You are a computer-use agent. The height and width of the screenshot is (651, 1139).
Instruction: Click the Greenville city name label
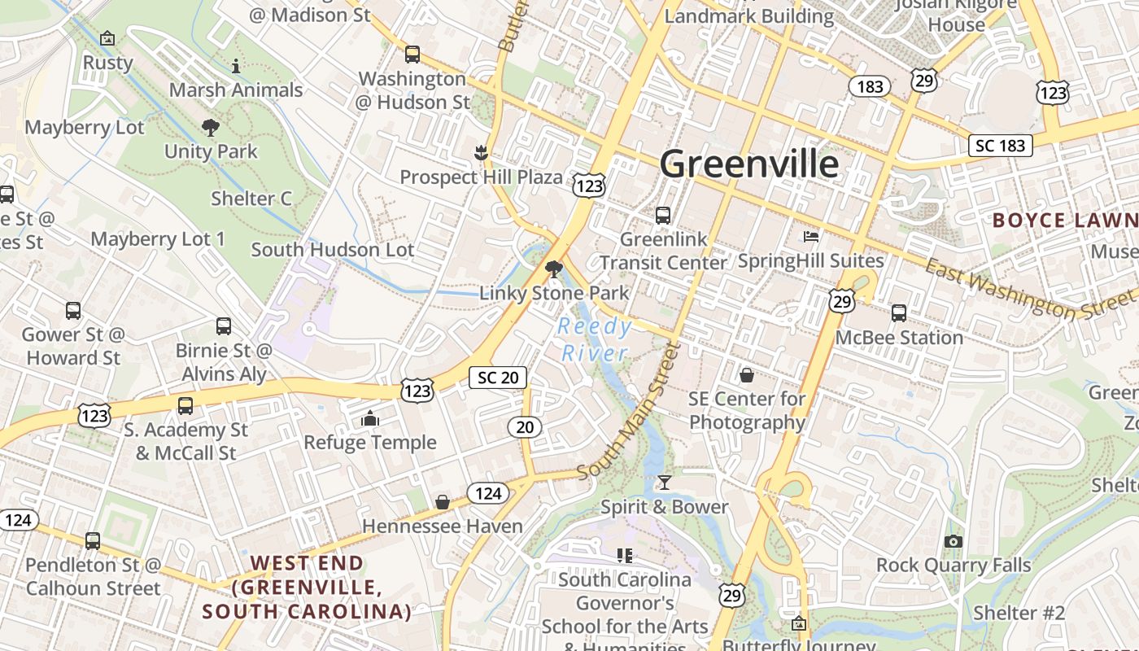tap(748, 164)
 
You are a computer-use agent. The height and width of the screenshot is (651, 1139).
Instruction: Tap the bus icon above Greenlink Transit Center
tap(663, 216)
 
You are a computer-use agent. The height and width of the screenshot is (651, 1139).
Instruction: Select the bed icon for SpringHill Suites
tap(811, 237)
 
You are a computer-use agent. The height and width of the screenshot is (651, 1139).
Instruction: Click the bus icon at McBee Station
tap(899, 313)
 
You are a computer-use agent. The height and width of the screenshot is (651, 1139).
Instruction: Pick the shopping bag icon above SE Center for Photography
tap(746, 375)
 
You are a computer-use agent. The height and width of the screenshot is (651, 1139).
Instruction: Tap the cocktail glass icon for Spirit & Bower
tap(665, 483)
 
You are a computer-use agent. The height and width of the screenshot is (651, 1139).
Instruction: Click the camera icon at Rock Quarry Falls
tap(954, 541)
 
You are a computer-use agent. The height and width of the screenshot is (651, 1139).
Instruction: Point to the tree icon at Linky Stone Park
tap(554, 269)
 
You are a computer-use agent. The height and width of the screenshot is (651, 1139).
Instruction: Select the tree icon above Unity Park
tap(210, 127)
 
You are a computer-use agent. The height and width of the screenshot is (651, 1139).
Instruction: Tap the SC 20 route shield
tap(498, 378)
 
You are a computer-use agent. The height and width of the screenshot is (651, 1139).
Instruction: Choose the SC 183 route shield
tap(1000, 146)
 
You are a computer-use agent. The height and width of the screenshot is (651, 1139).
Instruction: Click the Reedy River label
tap(596, 340)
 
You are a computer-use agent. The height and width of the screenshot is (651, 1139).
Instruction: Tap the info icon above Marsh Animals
tap(236, 66)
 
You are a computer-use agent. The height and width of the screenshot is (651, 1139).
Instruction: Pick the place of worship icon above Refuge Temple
tap(370, 418)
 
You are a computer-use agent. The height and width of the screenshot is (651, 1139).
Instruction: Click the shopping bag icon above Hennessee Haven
tap(443, 502)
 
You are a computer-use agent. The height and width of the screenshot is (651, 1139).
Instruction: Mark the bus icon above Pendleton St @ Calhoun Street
tap(93, 541)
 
